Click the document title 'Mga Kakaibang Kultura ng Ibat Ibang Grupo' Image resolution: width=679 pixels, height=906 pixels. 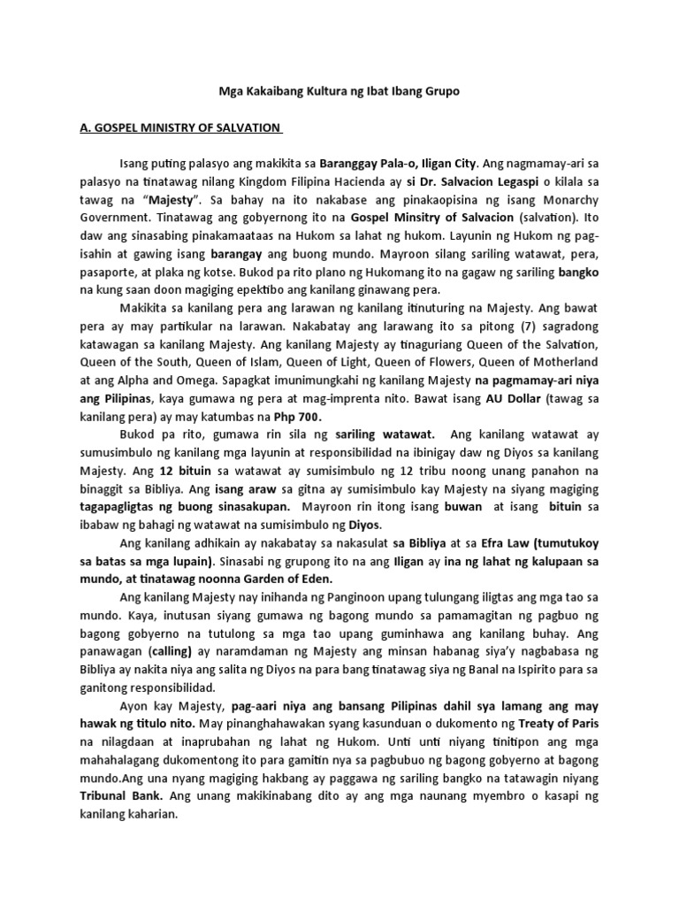(339, 92)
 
